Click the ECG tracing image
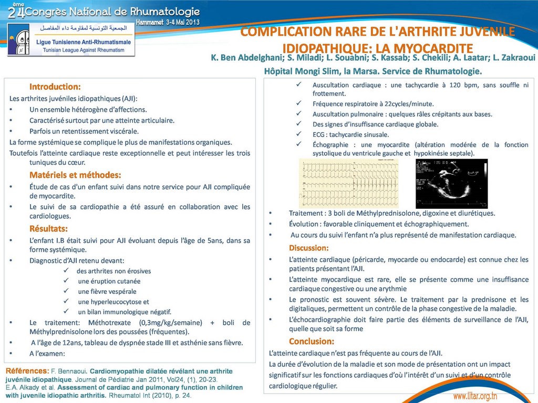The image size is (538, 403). click(348, 183)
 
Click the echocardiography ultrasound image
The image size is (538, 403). click(451, 183)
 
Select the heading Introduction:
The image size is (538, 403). click(55, 87)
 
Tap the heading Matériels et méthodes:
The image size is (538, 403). click(75, 175)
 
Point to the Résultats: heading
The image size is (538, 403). click(48, 229)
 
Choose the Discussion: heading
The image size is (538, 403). click(308, 248)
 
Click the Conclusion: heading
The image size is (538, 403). click(311, 342)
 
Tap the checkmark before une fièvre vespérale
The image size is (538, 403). click(67, 291)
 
